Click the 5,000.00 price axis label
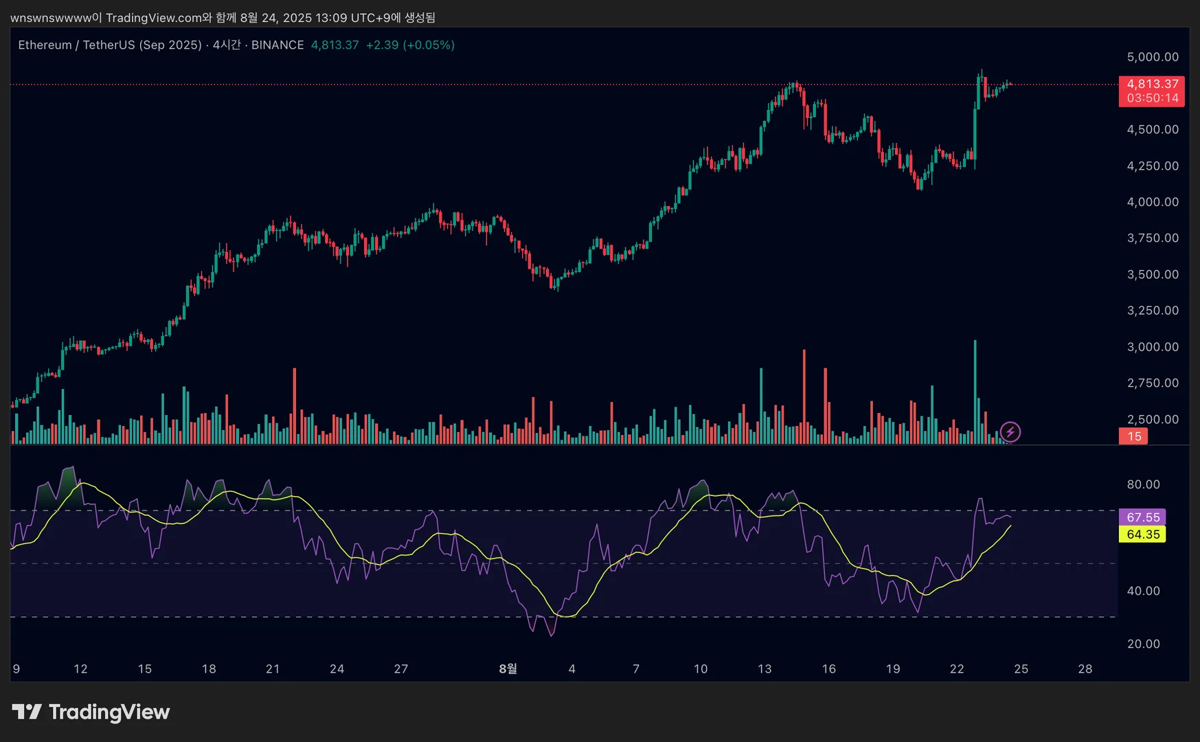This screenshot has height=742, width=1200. tap(1152, 57)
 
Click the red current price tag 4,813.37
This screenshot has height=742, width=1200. tap(1152, 84)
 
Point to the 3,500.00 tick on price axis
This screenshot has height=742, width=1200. tap(1152, 274)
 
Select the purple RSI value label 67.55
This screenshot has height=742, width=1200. tap(1142, 517)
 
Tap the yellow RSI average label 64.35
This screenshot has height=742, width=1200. tap(1142, 535)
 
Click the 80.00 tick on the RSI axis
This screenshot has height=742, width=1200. tap(1143, 484)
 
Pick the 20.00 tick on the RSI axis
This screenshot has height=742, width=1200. tap(1143, 644)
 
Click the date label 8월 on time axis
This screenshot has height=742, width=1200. tap(508, 668)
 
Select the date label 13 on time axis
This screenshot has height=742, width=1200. tap(764, 668)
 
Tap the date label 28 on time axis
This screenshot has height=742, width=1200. tap(1085, 668)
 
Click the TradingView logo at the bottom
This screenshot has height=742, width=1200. tap(91, 712)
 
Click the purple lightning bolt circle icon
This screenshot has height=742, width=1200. tap(1010, 432)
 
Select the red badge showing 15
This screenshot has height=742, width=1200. tap(1133, 436)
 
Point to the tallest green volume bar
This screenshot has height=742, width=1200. tap(974, 392)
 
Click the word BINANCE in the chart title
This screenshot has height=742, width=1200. tap(278, 45)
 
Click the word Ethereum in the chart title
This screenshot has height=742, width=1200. tap(45, 45)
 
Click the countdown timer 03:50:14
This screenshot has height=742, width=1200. tap(1152, 98)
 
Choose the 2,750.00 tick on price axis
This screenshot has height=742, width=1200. tap(1152, 383)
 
